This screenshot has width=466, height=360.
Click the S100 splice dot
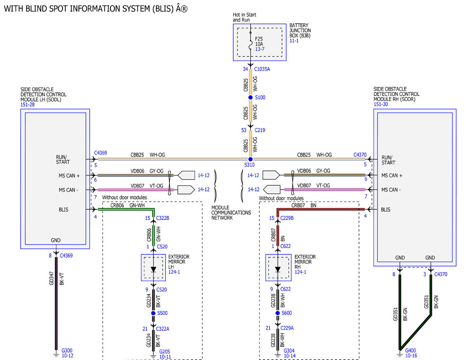point(250,97)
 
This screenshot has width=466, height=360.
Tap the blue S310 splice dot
point(250,159)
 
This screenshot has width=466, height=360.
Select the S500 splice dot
point(153,313)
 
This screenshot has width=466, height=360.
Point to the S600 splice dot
point(278,313)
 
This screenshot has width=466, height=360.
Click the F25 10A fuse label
point(259,42)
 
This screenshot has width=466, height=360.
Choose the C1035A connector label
point(262,69)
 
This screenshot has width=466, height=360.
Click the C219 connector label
point(260,130)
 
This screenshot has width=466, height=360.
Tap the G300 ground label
point(67,350)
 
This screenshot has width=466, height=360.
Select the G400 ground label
point(410,350)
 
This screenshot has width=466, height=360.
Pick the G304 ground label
point(289,351)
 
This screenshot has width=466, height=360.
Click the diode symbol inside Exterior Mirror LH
point(153,270)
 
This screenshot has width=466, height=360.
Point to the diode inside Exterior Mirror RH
point(278,270)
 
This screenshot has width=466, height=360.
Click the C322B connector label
point(163,218)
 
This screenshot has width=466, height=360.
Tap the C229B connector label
point(287,218)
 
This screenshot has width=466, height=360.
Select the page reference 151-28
point(28,104)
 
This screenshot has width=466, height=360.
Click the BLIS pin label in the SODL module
point(63,209)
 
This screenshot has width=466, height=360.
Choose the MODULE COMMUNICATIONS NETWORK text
point(231,213)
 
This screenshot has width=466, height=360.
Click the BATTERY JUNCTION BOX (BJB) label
point(300,30)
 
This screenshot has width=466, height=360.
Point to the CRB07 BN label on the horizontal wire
point(304,205)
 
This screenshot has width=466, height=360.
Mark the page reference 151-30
point(381,104)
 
